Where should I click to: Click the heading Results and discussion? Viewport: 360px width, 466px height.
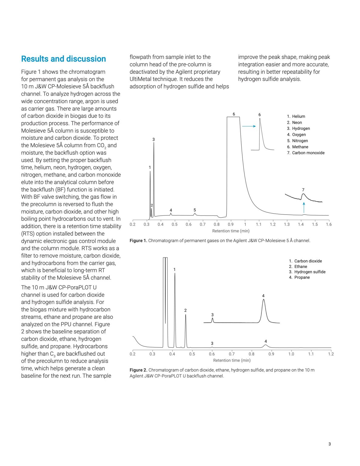click(63, 59)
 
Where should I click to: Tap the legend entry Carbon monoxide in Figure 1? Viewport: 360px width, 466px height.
click(308, 153)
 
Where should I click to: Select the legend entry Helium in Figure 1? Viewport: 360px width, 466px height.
click(298, 116)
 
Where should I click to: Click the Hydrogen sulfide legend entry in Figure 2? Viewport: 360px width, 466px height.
click(309, 272)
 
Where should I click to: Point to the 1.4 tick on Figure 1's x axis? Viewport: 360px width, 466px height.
click(301, 225)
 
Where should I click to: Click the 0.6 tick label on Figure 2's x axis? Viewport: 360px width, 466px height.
click(212, 354)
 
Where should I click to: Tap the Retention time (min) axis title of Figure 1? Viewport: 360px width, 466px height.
click(231, 231)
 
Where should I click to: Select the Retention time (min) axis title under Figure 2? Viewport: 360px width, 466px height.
click(232, 360)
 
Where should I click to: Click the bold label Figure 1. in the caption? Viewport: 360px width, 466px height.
click(138, 241)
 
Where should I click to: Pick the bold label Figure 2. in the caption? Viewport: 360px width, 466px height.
click(138, 370)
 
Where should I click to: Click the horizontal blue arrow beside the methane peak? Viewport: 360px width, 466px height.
click(249, 126)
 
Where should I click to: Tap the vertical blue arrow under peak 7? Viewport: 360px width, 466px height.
click(304, 208)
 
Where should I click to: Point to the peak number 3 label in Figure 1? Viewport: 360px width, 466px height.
click(153, 140)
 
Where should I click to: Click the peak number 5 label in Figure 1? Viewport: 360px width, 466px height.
click(195, 210)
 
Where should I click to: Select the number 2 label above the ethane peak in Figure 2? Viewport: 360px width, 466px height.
click(185, 310)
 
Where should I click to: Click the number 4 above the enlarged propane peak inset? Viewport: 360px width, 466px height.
click(263, 296)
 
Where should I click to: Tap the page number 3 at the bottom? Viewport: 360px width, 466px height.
click(329, 444)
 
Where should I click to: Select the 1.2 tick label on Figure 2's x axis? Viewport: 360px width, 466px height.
click(331, 354)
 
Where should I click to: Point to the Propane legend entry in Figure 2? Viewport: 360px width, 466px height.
click(302, 278)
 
